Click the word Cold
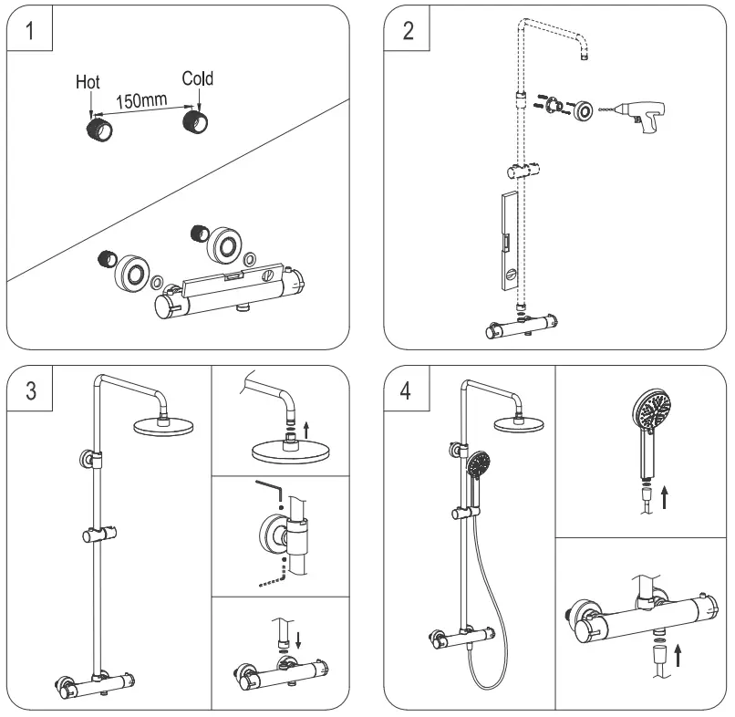coord(196,79)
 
